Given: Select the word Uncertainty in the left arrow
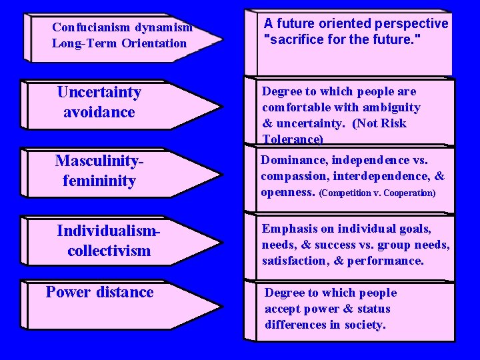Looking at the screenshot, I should click(99, 92).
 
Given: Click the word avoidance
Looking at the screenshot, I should click(99, 112).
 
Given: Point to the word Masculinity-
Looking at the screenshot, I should click(100, 161).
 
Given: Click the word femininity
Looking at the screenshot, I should click(99, 181).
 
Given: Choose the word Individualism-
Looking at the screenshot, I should click(109, 231).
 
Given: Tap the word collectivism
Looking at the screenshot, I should click(109, 251).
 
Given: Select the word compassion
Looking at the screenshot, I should click(293, 176).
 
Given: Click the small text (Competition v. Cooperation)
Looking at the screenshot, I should click(377, 193).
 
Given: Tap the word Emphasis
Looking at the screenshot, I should click(289, 229).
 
